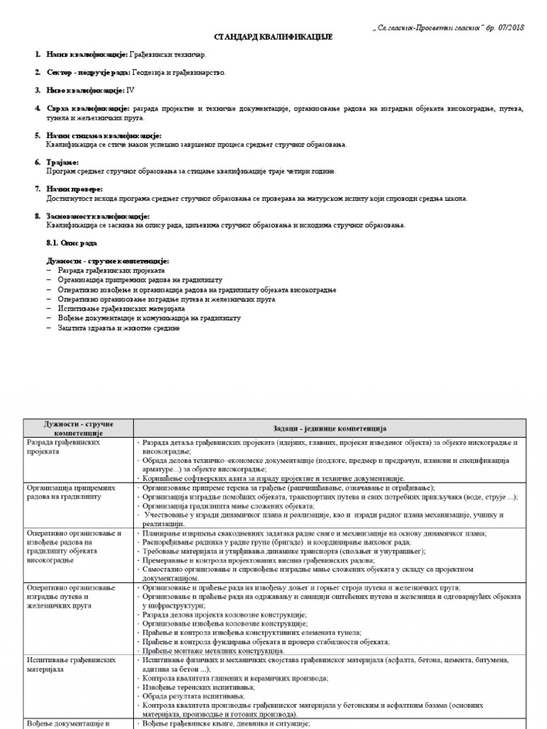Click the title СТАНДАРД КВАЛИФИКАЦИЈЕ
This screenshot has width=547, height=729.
tap(273, 36)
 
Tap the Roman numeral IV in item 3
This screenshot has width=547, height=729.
tap(130, 90)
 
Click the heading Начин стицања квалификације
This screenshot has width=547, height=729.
tap(104, 135)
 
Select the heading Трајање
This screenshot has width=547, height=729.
tap(63, 162)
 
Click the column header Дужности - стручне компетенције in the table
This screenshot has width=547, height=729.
tap(78, 428)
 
